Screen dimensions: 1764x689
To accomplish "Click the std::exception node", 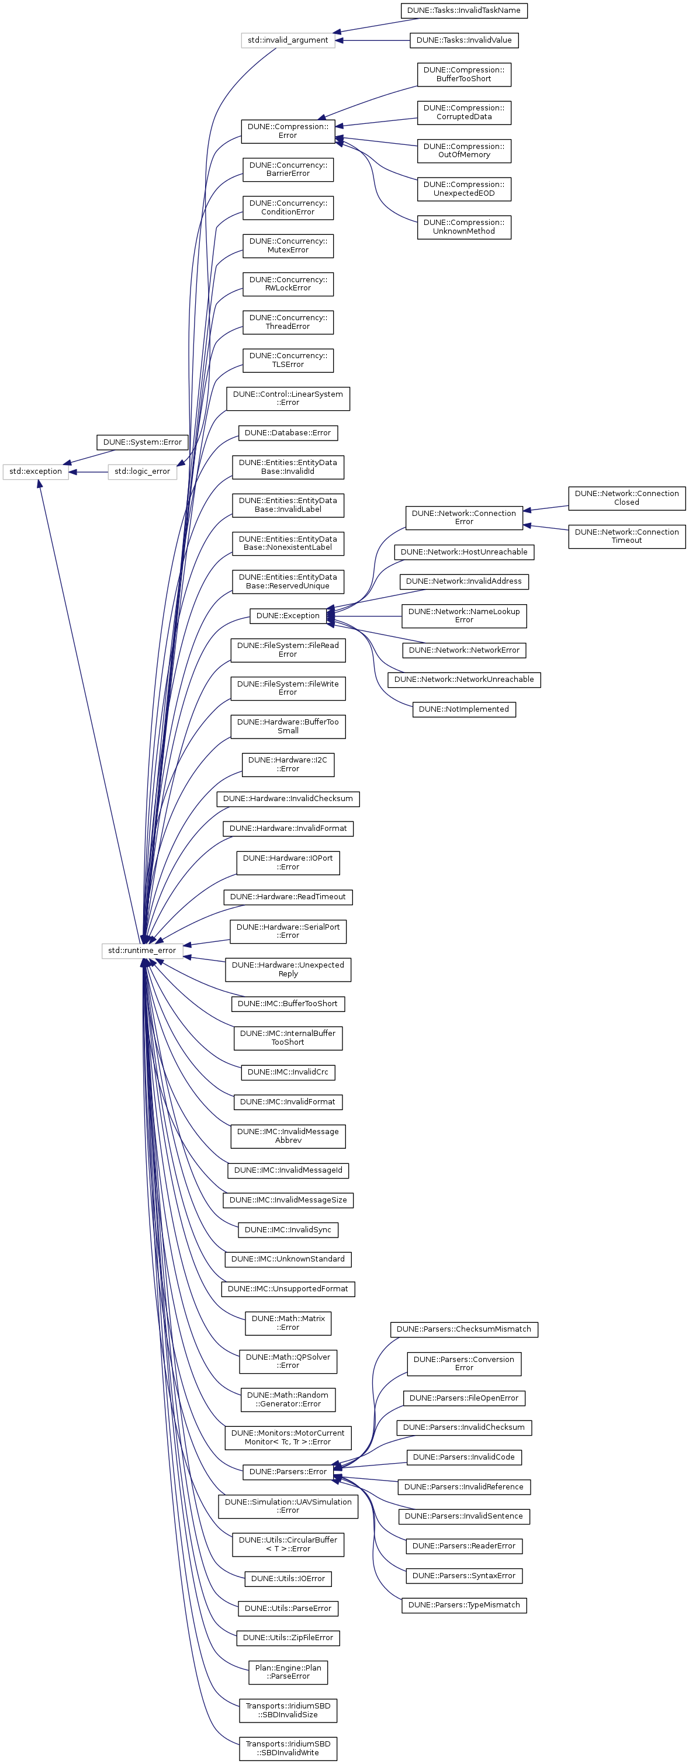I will click(36, 471).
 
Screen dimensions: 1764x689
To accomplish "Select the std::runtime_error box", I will click(142, 950).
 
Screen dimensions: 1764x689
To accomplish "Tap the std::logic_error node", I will click(142, 471).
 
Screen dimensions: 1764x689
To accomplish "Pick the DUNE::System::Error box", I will click(143, 442).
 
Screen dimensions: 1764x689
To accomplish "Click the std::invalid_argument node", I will click(288, 40).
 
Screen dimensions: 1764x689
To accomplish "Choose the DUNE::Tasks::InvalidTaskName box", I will click(463, 11).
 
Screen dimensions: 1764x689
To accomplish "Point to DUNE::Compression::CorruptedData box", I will click(463, 112).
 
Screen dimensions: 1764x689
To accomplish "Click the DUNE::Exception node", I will click(288, 616).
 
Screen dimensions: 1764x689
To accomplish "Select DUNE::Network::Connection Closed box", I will click(626, 498).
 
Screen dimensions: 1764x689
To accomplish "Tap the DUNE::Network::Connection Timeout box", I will click(626, 536).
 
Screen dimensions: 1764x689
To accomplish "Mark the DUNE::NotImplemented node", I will click(463, 709).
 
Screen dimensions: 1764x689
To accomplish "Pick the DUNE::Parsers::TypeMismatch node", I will click(463, 1604).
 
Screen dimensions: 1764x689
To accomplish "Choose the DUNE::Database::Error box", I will click(288, 433).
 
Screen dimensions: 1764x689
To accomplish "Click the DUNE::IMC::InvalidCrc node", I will click(288, 1072).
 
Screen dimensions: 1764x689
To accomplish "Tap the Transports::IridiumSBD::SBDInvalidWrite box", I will click(288, 1748).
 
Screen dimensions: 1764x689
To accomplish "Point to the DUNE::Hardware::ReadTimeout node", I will click(288, 896).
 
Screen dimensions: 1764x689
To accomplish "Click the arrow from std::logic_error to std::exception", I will click(88, 471).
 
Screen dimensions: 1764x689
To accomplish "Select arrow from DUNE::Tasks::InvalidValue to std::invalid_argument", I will click(373, 40).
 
